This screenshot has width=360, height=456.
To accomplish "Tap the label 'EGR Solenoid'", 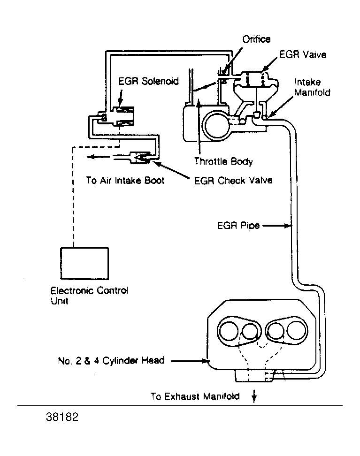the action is [148, 81].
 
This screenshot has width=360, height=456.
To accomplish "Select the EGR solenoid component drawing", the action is [116, 116].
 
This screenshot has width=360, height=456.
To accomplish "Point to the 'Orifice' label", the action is [256, 39].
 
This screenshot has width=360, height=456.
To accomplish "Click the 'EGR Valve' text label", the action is [303, 54].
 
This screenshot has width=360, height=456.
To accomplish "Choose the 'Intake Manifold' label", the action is [312, 87].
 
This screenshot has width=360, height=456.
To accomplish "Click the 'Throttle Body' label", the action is [223, 161].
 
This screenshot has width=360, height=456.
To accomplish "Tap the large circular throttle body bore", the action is [216, 126].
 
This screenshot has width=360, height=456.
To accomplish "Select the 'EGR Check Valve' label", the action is [233, 180].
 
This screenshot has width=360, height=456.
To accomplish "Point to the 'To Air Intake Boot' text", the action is [125, 180].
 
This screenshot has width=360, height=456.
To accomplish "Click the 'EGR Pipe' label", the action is [238, 225].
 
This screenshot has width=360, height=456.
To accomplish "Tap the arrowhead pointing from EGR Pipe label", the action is [288, 225].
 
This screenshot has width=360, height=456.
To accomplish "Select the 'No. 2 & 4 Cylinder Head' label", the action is [111, 361].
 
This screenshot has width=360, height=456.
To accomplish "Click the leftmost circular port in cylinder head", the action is [229, 331].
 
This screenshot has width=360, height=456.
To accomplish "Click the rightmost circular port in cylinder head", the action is [297, 330].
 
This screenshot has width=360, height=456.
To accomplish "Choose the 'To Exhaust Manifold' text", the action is [195, 396].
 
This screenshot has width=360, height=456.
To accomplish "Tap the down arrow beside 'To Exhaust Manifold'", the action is [254, 396].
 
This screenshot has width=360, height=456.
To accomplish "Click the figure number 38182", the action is [62, 417].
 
